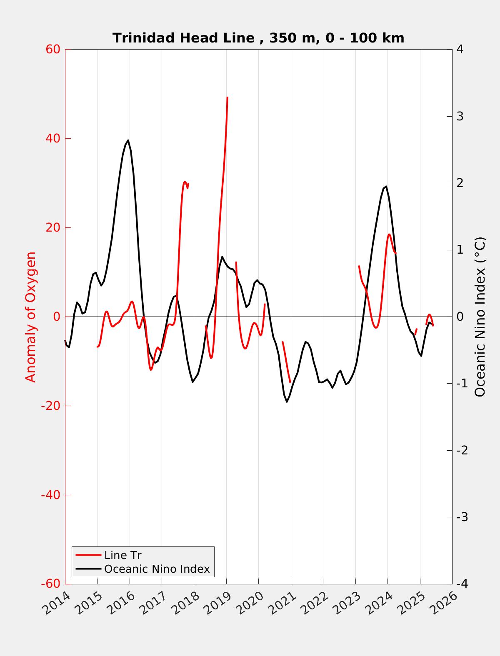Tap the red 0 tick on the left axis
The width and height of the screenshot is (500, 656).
57,317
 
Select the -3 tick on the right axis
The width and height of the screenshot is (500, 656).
462,517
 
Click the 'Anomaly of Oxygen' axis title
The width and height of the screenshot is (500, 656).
31,317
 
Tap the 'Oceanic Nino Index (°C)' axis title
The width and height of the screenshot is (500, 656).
480,317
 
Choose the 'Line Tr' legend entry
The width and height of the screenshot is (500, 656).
123,555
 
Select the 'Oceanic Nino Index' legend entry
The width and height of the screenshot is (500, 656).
157,569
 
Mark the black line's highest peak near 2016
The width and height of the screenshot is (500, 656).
128,140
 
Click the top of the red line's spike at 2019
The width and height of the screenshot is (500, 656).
227,97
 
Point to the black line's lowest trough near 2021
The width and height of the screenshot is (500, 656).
287,402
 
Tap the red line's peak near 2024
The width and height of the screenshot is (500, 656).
389,234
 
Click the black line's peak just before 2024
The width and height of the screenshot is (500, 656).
386,186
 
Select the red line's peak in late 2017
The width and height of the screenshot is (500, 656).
185,182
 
